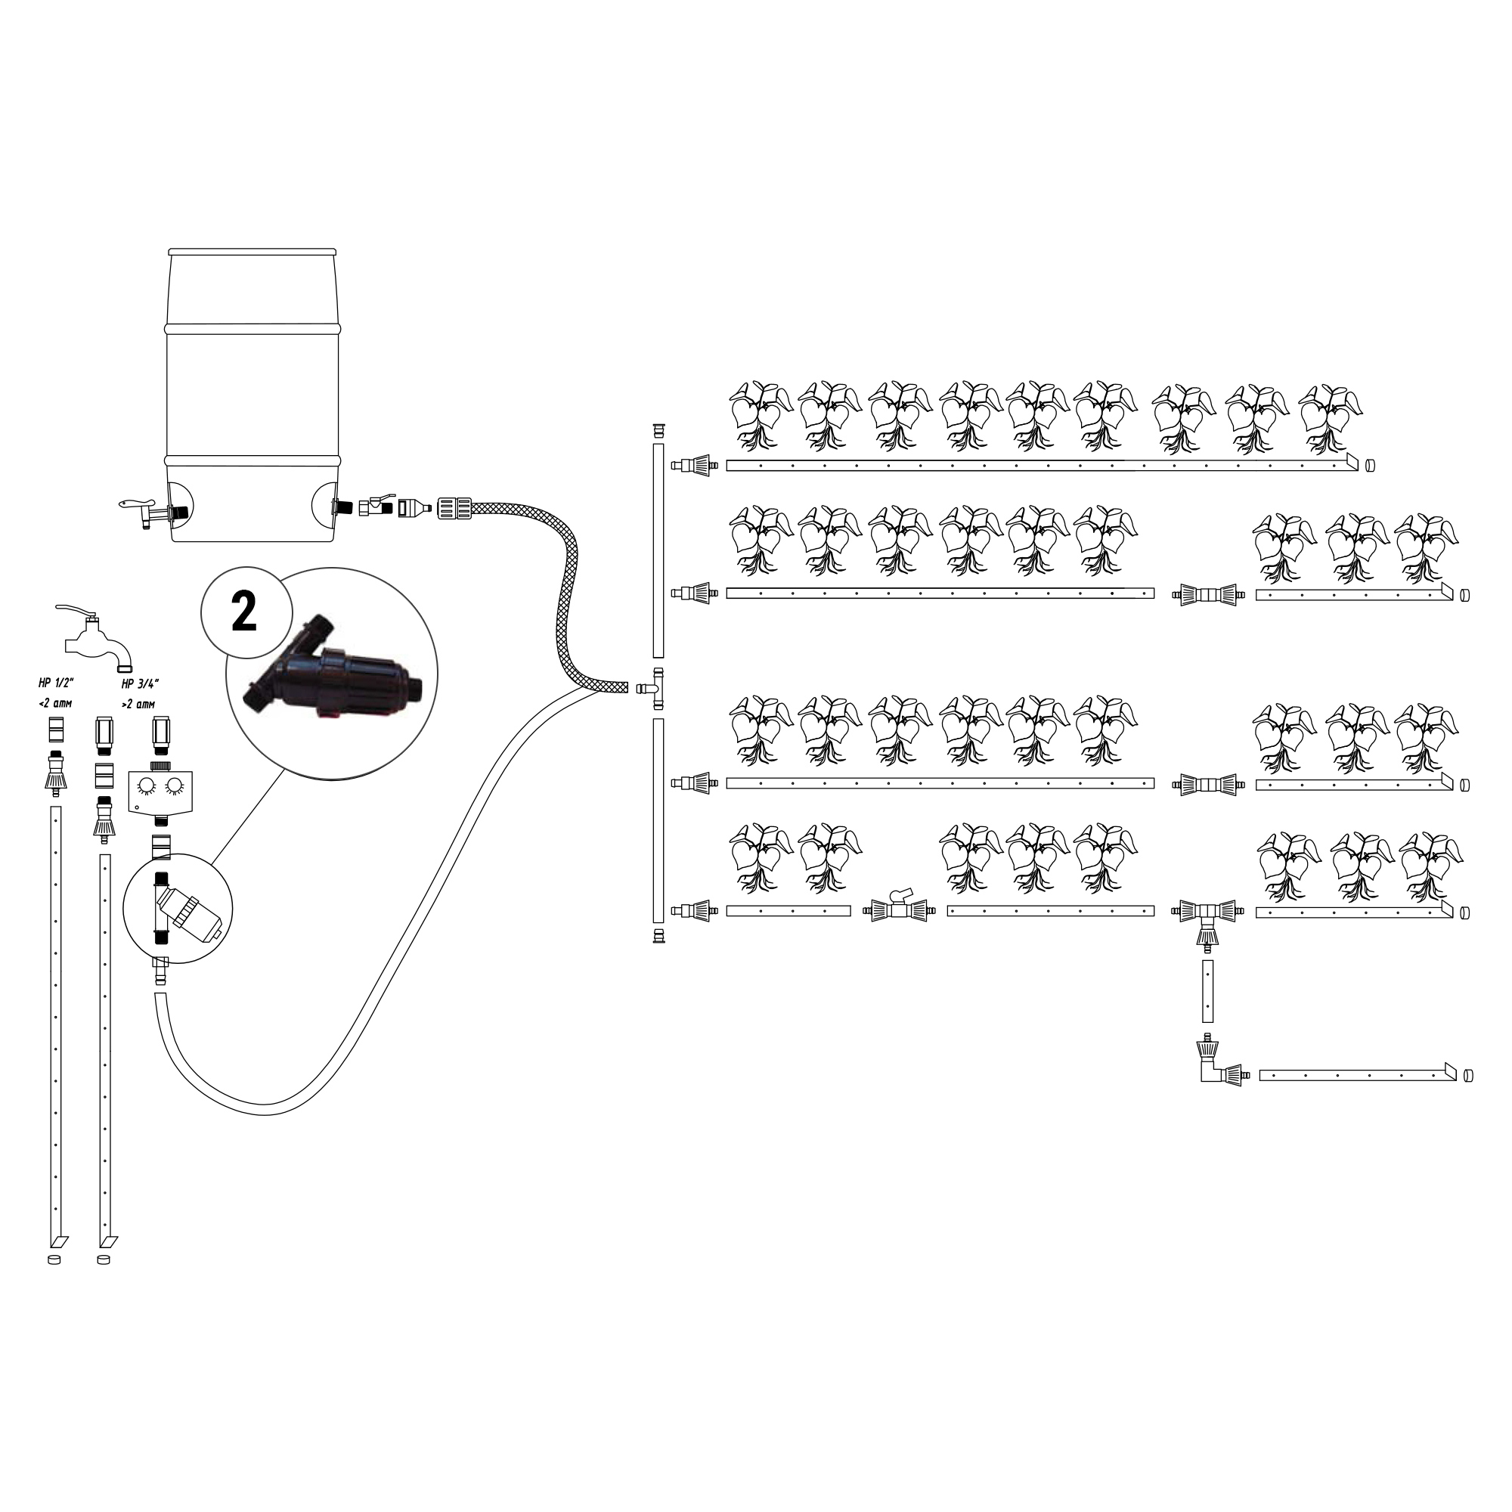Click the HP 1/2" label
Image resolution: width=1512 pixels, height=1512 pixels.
[55, 683]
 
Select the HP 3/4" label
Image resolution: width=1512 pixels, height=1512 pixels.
[141, 683]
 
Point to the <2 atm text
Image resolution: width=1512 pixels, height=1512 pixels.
[54, 704]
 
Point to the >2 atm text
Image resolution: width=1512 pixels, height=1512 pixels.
[138, 704]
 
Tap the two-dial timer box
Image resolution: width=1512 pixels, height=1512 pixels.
[160, 792]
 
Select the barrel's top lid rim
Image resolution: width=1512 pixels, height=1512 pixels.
[253, 253]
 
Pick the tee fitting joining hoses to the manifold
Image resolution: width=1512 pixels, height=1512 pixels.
[651, 688]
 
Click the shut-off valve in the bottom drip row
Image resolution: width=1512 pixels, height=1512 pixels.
[899, 909]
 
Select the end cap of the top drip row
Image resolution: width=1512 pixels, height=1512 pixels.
[1369, 465]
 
